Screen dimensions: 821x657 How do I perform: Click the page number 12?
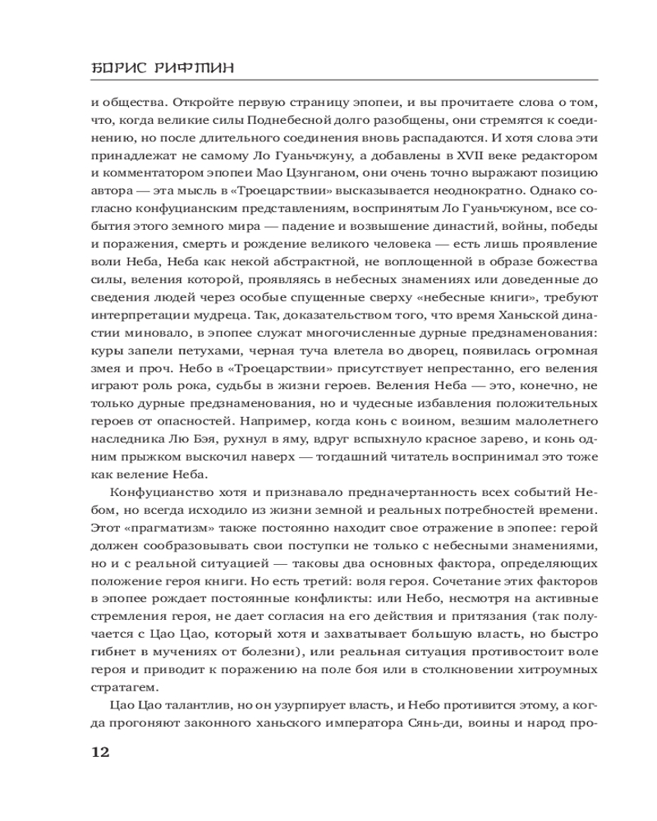coord(98,752)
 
